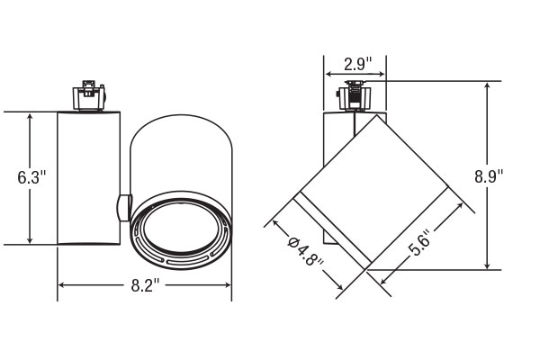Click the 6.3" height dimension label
[31, 177]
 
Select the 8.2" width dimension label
[145, 285]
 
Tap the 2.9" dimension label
[358, 64]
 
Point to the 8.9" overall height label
[489, 176]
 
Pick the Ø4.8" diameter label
[305, 252]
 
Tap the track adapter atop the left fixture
[88, 95]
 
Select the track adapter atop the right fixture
[355, 95]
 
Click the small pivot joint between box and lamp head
[124, 207]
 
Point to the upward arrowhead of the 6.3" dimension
[30, 118]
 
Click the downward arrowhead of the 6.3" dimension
[30, 239]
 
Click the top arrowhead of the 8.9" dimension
[487, 86]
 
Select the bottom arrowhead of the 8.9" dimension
[487, 265]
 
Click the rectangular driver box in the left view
[88, 178]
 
